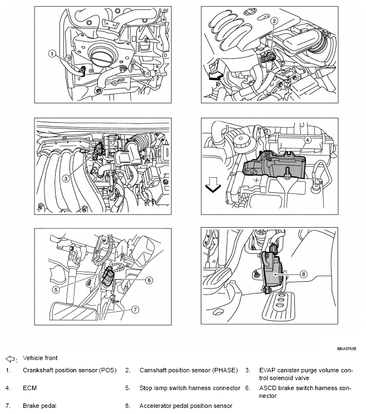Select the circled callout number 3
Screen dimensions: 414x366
[x=66, y=178]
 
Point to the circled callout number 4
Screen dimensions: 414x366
[x=306, y=141]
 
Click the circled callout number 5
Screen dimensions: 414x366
[x=56, y=290]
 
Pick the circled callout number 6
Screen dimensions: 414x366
[x=149, y=280]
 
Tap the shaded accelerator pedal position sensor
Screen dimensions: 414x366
[x=273, y=267]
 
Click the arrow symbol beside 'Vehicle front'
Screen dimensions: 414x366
[x=9, y=358]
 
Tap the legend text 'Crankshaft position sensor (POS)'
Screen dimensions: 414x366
[x=70, y=370]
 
